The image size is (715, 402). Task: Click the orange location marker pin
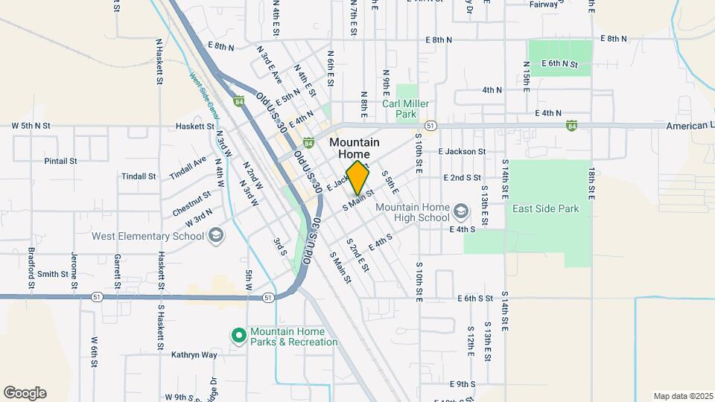point(358,177)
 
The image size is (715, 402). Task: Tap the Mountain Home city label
point(355,147)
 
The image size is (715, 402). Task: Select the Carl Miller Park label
point(405,109)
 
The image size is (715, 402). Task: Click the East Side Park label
point(545,209)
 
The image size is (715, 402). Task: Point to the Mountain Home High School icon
point(461,212)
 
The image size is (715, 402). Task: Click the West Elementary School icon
point(215,236)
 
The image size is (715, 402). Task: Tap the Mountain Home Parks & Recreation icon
point(239,336)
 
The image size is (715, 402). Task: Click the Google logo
point(25,393)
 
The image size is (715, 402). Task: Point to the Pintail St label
point(61,161)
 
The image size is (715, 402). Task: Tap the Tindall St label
point(139,176)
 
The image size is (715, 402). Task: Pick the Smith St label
point(53,274)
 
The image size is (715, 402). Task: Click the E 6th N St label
point(560,64)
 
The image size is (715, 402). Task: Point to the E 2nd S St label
point(463,178)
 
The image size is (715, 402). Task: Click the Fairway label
point(544,4)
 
